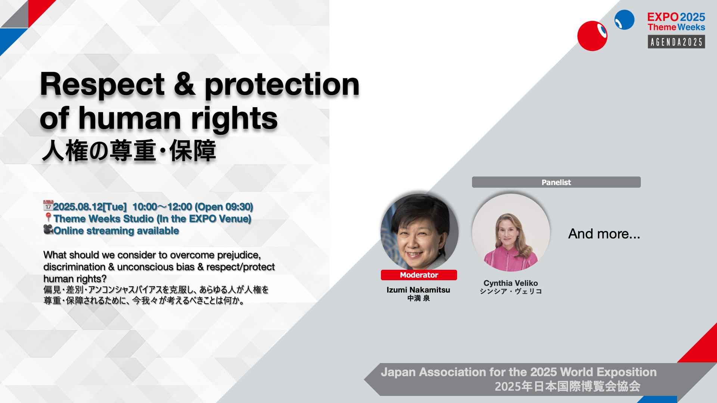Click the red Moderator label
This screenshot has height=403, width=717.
tap(419, 275)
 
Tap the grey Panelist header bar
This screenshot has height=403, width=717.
tap(556, 182)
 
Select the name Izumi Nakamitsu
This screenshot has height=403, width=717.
tap(418, 290)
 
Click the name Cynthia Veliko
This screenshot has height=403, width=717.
tap(510, 283)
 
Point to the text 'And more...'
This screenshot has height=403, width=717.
tap(604, 234)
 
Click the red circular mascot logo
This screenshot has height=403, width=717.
tap(592, 36)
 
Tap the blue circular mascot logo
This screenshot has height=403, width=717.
tap(624, 20)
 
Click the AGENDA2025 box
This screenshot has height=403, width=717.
tap(676, 42)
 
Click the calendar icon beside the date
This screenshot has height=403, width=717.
tap(48, 205)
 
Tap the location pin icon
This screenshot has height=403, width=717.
tap(48, 217)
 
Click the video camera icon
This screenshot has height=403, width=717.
tap(48, 229)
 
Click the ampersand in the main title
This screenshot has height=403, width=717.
tap(184, 84)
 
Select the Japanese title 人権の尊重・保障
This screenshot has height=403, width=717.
tap(129, 151)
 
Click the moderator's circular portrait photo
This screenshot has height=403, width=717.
tap(419, 232)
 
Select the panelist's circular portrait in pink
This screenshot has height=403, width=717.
tap(511, 232)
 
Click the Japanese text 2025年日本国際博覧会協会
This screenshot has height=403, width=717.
tap(568, 386)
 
